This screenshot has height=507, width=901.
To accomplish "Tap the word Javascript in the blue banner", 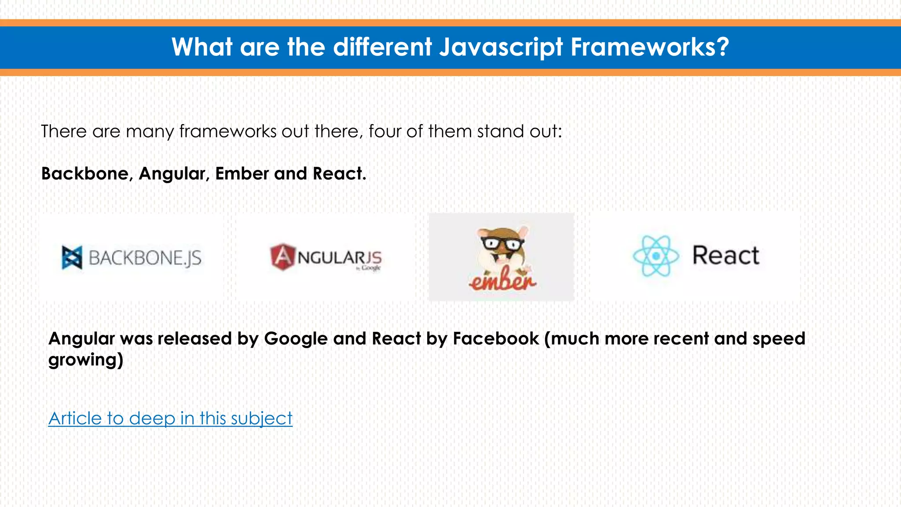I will [501, 48].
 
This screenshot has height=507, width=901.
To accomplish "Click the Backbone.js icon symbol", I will [72, 257].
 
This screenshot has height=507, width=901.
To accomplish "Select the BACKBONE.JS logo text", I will [145, 258].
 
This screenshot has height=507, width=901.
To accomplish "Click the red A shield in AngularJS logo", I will [282, 257].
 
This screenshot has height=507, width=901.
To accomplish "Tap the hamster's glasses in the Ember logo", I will [502, 243].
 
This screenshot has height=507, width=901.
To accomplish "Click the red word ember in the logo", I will [502, 280].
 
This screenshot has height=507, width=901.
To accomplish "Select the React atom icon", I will [656, 256].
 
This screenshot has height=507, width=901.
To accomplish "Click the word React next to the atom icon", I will [725, 256].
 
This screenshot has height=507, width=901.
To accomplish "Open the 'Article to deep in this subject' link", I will [170, 418].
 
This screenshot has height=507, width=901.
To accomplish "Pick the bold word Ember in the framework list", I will [242, 173].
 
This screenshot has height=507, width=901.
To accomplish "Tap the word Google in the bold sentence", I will [296, 338].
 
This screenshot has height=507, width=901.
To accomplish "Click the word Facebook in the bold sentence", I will [496, 338].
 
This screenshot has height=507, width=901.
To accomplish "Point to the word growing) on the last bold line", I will [86, 360].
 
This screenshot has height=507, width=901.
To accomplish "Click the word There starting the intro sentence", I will [64, 131].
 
